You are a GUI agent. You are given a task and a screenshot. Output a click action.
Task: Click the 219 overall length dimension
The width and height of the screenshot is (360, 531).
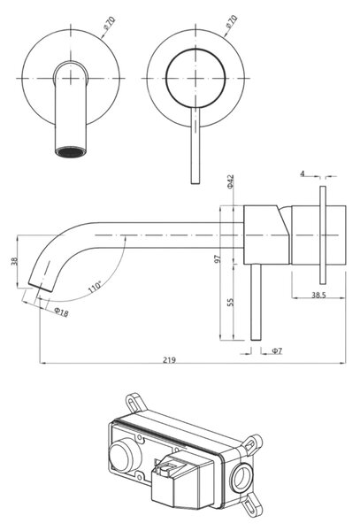point(169,359)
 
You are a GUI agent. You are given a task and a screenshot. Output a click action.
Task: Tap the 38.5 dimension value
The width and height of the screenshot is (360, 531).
point(318,295)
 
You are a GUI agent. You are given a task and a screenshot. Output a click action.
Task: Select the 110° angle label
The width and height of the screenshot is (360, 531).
point(95,287)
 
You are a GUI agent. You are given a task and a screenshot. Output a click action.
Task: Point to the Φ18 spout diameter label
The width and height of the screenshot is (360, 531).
point(62,312)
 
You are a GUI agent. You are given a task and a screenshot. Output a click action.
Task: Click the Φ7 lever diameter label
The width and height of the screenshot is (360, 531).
point(277,350)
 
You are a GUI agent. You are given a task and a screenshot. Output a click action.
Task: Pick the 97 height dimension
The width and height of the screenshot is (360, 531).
point(218,258)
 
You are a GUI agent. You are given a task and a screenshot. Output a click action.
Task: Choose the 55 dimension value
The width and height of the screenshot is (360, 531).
point(230,302)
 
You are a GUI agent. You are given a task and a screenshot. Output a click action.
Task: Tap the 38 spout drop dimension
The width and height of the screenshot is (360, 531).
point(14,261)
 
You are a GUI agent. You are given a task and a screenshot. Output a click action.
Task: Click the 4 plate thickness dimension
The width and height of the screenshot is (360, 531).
point(303,173)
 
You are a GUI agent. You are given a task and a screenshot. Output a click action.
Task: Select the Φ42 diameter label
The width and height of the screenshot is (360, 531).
point(230,181)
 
